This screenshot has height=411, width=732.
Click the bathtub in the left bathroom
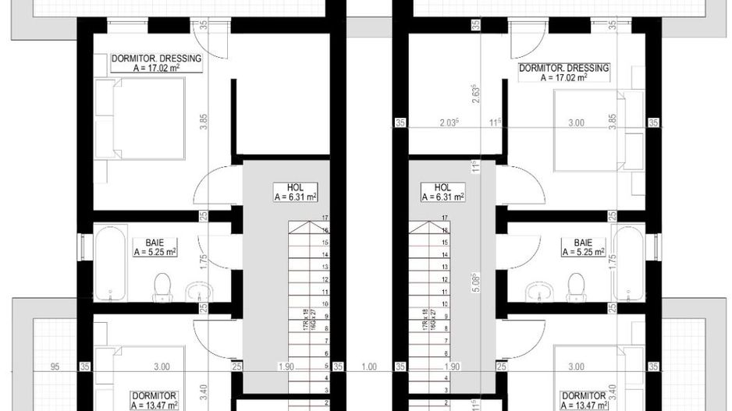coord(109,263)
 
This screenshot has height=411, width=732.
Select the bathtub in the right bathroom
coord(630,263)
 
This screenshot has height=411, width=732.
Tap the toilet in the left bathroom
coord(162,286)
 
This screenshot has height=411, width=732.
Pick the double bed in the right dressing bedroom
coord(587,129)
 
